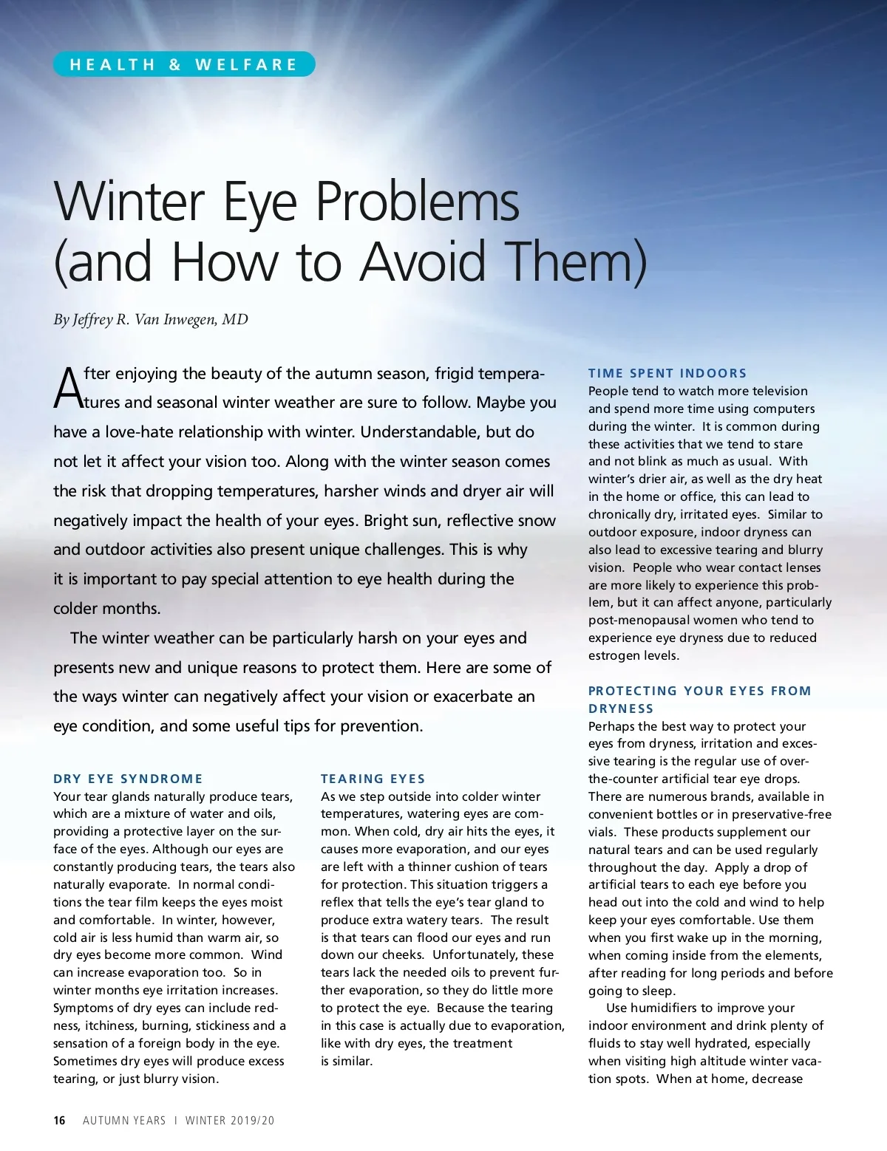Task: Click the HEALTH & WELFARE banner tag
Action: point(183,64)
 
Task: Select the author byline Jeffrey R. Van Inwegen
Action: point(151,319)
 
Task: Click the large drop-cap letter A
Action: point(68,389)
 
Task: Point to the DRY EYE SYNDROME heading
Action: point(128,779)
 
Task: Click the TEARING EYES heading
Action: point(373,779)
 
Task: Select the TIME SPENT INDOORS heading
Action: point(667,373)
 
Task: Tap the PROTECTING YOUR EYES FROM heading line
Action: point(699,691)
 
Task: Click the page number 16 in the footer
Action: point(59,1120)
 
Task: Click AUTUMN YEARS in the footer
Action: point(124,1120)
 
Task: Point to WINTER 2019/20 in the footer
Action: point(229,1120)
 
